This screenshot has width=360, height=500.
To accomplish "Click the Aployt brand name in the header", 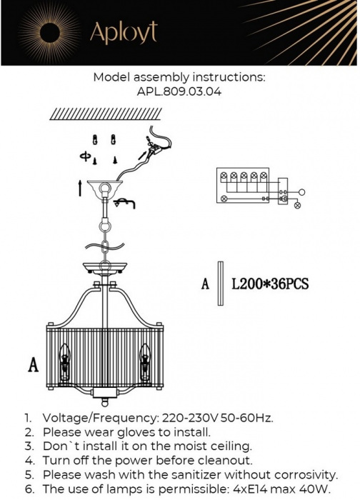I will click(x=123, y=33).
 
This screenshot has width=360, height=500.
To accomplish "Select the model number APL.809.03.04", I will click(x=179, y=91).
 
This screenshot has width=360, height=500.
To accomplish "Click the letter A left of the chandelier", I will click(x=33, y=365).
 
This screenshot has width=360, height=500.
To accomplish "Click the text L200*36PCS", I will click(x=270, y=284).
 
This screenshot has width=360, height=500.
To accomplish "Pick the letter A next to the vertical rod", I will click(x=205, y=284).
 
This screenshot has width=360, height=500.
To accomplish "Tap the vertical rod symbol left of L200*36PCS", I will click(x=219, y=284).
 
